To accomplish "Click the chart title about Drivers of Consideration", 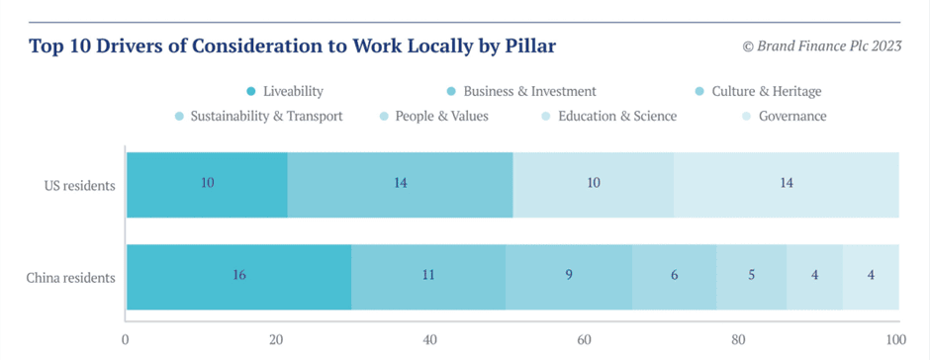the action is (x=293, y=46).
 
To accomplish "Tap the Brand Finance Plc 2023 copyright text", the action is (x=822, y=46).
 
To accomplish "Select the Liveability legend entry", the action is (x=285, y=91).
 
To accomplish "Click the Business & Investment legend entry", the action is (x=521, y=91).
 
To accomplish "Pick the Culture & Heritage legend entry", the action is (x=759, y=91).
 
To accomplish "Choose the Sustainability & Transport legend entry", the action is (x=258, y=116).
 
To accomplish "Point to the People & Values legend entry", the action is (x=434, y=116).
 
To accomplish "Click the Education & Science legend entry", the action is (x=609, y=116).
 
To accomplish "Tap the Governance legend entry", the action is (x=785, y=116).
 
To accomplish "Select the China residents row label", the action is (x=70, y=277).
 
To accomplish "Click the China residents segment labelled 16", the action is (x=239, y=276).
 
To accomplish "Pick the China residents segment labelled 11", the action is (x=428, y=276).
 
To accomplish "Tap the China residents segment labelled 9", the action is (x=569, y=276).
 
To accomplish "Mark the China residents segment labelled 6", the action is (x=675, y=276).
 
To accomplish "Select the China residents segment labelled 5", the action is (x=752, y=276).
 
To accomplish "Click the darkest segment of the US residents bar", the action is (x=207, y=184).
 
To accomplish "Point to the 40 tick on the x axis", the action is (x=430, y=340).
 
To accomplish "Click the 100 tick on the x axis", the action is (x=895, y=340).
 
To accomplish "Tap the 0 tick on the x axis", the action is (x=125, y=340).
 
